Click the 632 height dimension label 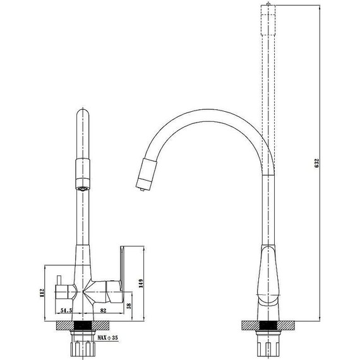pos(317,163)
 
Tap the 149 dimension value pos(141,284)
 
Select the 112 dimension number pos(42,293)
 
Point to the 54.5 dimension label pos(66,310)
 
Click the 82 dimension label pos(104,310)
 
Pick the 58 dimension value pos(129,306)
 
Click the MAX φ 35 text pos(107,338)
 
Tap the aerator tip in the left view pos(83,189)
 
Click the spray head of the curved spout pos(147,173)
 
